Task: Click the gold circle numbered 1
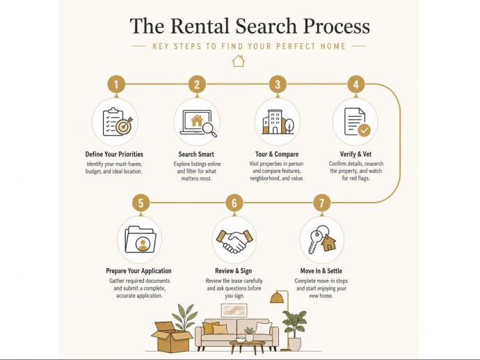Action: [x=116, y=84]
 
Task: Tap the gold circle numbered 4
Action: [x=355, y=84]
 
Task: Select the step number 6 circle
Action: [x=234, y=203]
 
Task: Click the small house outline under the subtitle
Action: [x=239, y=61]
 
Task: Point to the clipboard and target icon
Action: [x=118, y=122]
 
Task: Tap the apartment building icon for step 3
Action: [x=278, y=122]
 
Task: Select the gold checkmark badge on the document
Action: [x=364, y=130]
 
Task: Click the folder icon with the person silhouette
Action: [x=141, y=240]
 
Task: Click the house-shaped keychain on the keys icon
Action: [x=328, y=242]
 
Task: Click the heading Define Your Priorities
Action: [x=114, y=154]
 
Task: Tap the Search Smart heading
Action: [x=196, y=154]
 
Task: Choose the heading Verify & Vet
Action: [x=355, y=154]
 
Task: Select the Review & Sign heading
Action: [x=234, y=271]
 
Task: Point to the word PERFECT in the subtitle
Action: [x=296, y=46]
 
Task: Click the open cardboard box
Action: [x=170, y=337]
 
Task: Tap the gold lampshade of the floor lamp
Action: [x=277, y=297]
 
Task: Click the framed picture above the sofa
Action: [x=234, y=311]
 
